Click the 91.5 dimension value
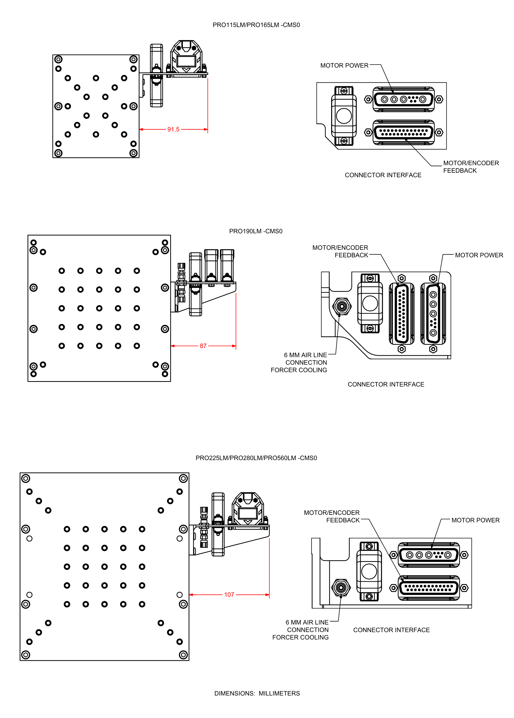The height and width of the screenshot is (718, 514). (x=173, y=129)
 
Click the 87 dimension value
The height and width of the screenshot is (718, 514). (x=203, y=346)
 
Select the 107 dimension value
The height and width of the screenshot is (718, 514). (x=229, y=595)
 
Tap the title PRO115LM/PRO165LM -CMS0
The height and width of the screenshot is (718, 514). (x=256, y=25)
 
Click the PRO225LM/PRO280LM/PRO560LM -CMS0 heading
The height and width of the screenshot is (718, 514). (x=256, y=458)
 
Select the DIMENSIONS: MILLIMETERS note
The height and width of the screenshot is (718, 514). (x=257, y=693)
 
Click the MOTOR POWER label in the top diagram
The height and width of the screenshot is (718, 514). (x=344, y=66)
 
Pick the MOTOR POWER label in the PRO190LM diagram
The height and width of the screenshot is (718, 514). (x=479, y=255)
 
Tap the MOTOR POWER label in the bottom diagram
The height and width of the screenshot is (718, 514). (x=475, y=520)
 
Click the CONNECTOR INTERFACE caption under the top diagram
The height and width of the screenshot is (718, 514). (x=383, y=175)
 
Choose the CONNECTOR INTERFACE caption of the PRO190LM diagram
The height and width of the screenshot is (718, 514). (x=386, y=384)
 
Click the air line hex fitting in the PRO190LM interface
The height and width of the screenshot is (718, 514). (x=342, y=306)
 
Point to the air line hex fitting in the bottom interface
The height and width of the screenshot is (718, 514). (x=341, y=588)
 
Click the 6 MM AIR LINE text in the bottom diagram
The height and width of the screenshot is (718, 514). (x=307, y=622)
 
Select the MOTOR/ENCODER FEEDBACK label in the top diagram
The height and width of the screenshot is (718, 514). (x=471, y=167)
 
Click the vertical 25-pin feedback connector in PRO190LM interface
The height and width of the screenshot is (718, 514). (x=401, y=313)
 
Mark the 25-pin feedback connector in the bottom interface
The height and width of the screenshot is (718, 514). (x=429, y=588)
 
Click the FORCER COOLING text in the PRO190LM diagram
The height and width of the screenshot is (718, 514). (x=299, y=370)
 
